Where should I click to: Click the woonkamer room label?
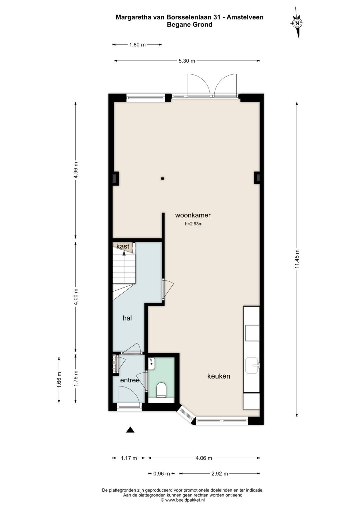193,215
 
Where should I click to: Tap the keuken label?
219,376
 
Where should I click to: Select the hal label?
127,318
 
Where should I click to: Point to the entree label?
130,380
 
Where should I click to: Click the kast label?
123,246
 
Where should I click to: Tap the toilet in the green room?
161,390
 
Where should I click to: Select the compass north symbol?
297,23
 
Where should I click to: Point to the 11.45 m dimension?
297,259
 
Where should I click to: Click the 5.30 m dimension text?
187,61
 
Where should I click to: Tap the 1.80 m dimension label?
137,45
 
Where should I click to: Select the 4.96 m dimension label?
76,170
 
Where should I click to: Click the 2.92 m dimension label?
220,474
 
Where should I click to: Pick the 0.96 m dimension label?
162,474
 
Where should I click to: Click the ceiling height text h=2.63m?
194,224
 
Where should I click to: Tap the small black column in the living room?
163,179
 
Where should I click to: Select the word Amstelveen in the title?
245,17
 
